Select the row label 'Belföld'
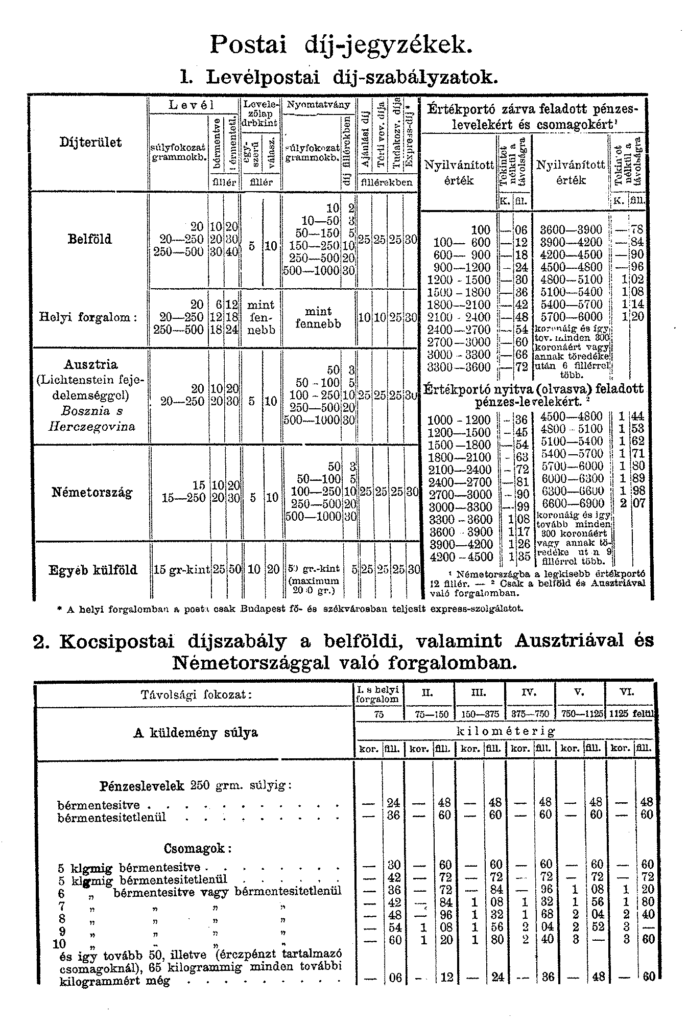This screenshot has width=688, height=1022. tap(89, 239)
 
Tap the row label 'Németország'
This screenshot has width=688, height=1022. tap(92, 493)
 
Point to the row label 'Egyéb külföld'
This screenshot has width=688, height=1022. tap(93, 570)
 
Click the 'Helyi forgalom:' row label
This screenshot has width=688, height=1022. tap(88, 317)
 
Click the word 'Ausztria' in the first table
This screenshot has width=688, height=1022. tap(91, 365)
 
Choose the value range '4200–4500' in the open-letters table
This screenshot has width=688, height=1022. tap(461, 557)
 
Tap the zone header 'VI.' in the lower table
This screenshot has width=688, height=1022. tap(626, 692)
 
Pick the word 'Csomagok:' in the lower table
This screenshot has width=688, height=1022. tap(198, 849)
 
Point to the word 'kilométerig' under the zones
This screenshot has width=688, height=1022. tap(505, 731)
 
